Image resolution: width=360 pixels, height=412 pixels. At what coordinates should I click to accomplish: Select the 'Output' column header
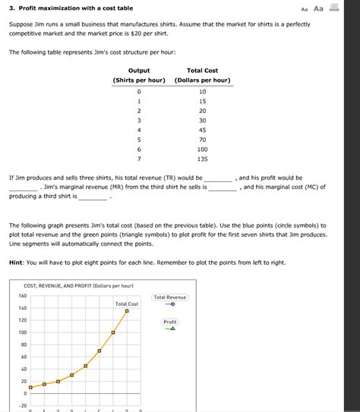(x=139, y=71)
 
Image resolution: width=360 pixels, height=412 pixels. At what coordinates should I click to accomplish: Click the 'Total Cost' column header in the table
(x=202, y=71)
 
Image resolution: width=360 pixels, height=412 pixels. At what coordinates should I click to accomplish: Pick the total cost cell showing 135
(x=202, y=160)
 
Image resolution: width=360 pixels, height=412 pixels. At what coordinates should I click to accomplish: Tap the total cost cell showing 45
(x=202, y=130)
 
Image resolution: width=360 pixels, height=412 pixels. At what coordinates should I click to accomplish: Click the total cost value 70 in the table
(x=202, y=140)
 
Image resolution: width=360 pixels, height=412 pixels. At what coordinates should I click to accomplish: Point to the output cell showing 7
(x=139, y=160)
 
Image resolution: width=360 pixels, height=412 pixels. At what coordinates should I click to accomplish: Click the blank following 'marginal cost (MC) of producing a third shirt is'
(x=93, y=197)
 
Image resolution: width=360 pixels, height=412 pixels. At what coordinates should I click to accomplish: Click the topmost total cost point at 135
(x=127, y=311)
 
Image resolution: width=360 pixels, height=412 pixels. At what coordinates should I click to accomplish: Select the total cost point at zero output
(x=30, y=387)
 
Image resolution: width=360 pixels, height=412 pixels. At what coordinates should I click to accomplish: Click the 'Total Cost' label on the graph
(x=126, y=303)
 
